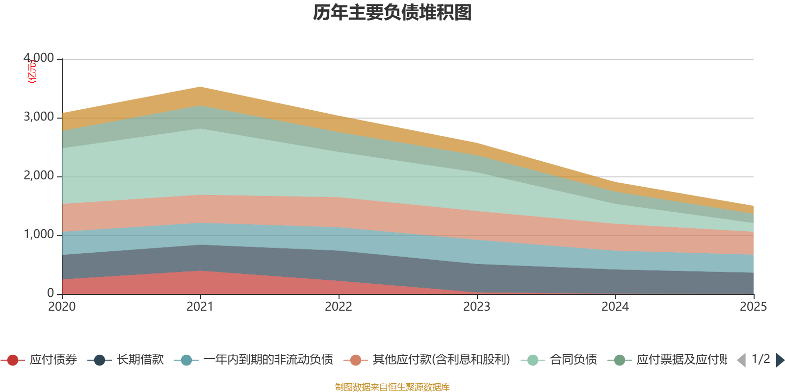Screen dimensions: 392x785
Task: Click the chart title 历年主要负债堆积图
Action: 392,13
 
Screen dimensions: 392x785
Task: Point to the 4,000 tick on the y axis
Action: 39,58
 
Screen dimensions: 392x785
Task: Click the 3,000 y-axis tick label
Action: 39,117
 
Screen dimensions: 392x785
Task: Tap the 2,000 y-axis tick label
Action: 39,176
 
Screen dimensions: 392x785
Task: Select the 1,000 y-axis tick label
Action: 39,235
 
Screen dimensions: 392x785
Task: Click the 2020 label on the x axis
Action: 62,307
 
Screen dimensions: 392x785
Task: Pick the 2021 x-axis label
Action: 200,307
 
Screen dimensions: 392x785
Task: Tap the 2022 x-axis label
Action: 339,307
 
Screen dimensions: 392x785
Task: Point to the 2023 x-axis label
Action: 477,307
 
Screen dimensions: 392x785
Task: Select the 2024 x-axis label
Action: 615,307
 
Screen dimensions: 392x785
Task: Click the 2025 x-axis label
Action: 753,307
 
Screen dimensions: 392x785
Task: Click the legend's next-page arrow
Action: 780,360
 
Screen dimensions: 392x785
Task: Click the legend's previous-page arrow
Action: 741,360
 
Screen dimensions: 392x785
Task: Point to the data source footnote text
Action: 392,387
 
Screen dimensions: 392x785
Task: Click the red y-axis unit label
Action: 32,72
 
